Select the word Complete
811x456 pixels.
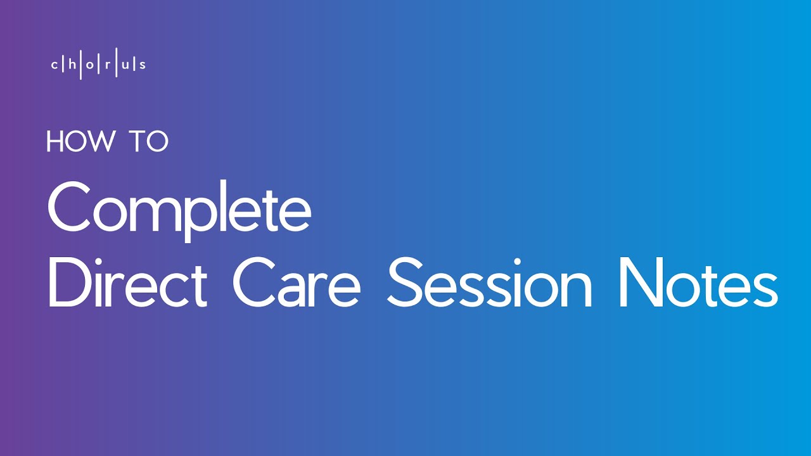[x=179, y=206]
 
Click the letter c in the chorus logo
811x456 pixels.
[x=54, y=65]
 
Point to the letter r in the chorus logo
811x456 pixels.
[x=108, y=65]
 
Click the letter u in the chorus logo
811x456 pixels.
[x=125, y=65]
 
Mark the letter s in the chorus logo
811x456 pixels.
[x=142, y=65]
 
